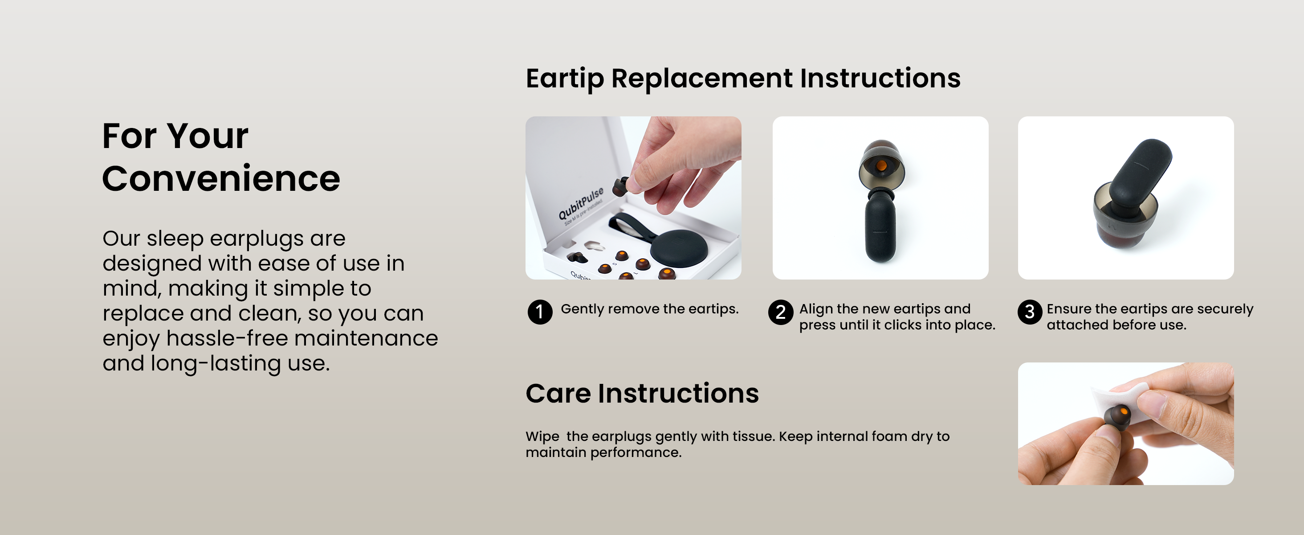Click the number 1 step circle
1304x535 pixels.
[x=540, y=312]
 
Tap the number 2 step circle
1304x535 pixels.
[x=781, y=312]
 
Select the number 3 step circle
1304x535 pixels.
[x=1030, y=312]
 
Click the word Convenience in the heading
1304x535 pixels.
[x=221, y=179]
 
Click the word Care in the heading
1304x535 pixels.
[x=558, y=394]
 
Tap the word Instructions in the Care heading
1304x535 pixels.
[x=678, y=394]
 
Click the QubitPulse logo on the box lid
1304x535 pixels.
[x=581, y=203]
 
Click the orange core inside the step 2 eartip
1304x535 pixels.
[x=881, y=166]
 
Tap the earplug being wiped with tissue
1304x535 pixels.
[x=1118, y=417]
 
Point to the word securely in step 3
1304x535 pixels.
[x=1225, y=309]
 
